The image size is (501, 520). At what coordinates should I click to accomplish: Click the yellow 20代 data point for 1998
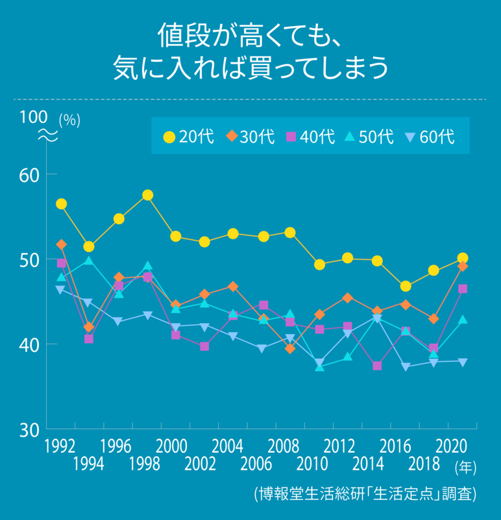pos(147,195)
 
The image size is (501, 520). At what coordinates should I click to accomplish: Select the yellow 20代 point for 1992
pos(61,204)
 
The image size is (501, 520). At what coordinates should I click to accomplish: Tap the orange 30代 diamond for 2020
pos(463,266)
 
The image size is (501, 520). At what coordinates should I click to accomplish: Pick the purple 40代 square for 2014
pos(377,366)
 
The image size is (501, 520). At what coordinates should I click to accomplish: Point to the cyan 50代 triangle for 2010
pos(319,367)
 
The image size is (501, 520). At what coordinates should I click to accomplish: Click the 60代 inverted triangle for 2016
pos(406,367)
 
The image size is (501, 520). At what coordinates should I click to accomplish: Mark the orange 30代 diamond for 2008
pos(291,348)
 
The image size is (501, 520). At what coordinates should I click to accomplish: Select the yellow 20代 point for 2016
pos(406,287)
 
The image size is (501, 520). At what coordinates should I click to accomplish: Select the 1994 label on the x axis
pos(89,464)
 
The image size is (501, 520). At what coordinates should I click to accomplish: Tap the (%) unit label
pos(69,121)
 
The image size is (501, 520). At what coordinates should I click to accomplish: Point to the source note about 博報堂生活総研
pos(365,494)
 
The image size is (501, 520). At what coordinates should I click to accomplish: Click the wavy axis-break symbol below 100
pos(47,136)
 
